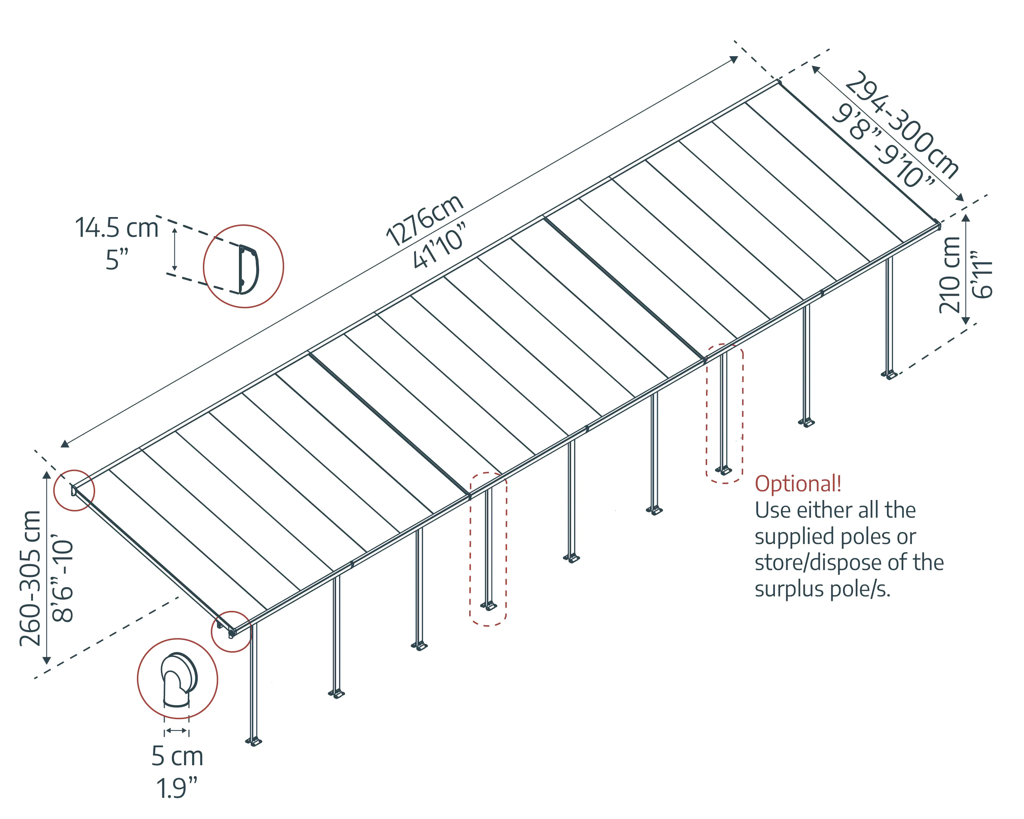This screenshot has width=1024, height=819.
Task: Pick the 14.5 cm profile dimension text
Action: (117, 228)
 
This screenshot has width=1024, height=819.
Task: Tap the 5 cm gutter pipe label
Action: (177, 756)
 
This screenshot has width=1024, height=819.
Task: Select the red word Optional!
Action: (798, 484)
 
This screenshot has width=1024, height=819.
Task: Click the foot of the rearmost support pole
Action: (889, 375)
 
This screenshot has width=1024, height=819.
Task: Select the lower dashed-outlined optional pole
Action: (488, 549)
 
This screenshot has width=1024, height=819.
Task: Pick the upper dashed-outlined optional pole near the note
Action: (724, 413)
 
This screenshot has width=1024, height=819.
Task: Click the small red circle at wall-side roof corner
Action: (74, 490)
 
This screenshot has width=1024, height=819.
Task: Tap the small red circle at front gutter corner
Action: (231, 631)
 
